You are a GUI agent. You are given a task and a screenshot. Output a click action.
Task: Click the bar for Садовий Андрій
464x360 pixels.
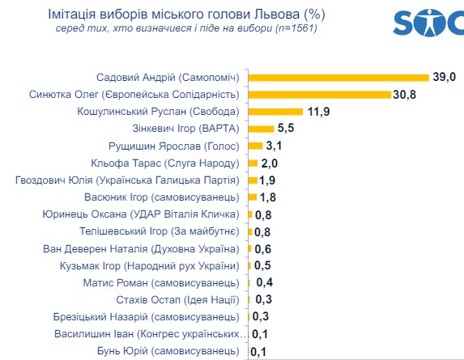coord(338,78)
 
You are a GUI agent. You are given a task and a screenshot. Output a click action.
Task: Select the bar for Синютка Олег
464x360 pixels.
coord(320,95)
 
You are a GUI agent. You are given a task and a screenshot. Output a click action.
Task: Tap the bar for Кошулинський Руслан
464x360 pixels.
coord(275,112)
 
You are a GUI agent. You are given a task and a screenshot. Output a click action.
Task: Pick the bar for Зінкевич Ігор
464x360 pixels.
coord(261,129)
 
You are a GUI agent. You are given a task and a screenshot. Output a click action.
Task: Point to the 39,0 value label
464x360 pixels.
coord(445,77)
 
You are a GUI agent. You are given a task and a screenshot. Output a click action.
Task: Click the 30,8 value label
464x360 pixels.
coord(404,95)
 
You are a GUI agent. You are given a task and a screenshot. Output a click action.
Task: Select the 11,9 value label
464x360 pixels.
coord(318,112)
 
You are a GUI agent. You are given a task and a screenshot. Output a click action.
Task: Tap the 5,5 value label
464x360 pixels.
coord(286,128)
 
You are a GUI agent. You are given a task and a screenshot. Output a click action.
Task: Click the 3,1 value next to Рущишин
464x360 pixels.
coord(274,146)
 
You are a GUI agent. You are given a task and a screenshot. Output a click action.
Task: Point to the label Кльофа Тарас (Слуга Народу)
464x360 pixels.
coord(165,163)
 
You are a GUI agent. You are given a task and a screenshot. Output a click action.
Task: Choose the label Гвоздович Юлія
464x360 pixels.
coord(54,180)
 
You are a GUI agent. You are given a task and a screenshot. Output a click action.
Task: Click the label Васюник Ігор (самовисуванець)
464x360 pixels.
coord(162,197)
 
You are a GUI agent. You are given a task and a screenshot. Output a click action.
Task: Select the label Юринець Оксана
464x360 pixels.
coord(85,214)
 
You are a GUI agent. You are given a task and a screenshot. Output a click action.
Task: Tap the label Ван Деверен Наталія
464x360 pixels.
coord(96,249)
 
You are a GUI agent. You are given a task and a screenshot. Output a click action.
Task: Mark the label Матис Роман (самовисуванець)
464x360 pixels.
coord(161,283)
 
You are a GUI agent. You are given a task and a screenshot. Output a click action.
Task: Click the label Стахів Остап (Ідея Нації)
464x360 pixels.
coord(177,300)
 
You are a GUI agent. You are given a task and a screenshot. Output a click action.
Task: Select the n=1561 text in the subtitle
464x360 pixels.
coord(296,28)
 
